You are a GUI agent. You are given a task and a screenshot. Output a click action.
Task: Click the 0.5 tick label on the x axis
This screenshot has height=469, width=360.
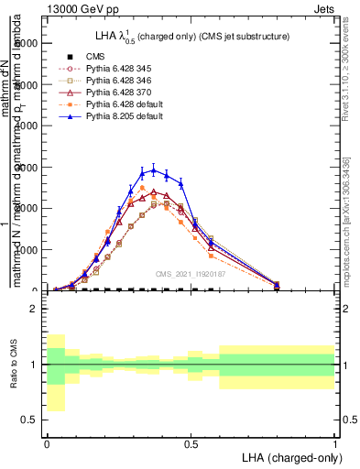coord(191,444)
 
